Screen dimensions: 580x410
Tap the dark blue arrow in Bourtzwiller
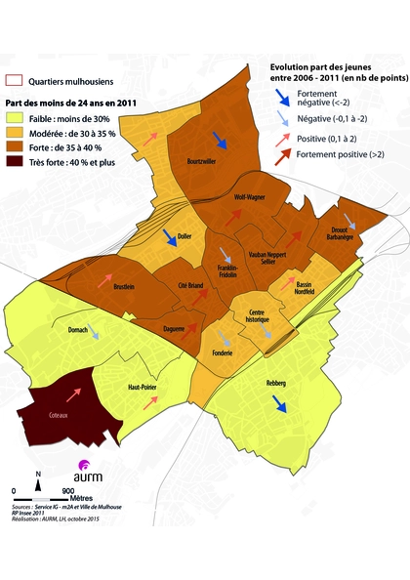[x=221, y=142]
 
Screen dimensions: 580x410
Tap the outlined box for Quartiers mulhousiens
[x=15, y=82]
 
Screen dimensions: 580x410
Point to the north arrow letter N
[x=36, y=474]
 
